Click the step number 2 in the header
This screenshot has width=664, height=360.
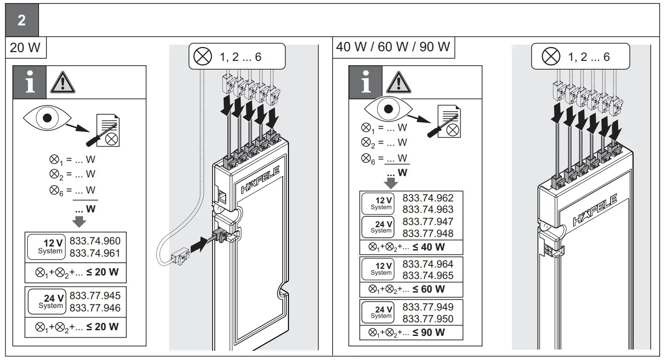pos(21,21)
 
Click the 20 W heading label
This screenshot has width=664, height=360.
pos(25,47)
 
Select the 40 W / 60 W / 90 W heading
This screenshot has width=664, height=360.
pos(393,47)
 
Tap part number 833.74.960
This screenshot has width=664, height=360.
pos(95,241)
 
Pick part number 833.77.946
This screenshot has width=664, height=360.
pos(95,308)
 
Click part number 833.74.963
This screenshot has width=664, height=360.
pos(428,209)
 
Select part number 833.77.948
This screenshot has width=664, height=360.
pos(428,233)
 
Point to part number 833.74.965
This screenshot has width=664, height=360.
pos(428,275)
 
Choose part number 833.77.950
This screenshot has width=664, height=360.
pos(428,319)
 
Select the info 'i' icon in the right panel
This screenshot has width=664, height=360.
pos(366,82)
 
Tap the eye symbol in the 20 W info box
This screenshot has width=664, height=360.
pos(47,118)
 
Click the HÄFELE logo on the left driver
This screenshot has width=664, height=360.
pos(260,180)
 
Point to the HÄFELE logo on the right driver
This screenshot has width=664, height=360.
pos(595,211)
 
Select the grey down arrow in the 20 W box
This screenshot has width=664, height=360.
pos(79,221)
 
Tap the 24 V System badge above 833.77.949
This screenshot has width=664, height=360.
pos(377,312)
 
